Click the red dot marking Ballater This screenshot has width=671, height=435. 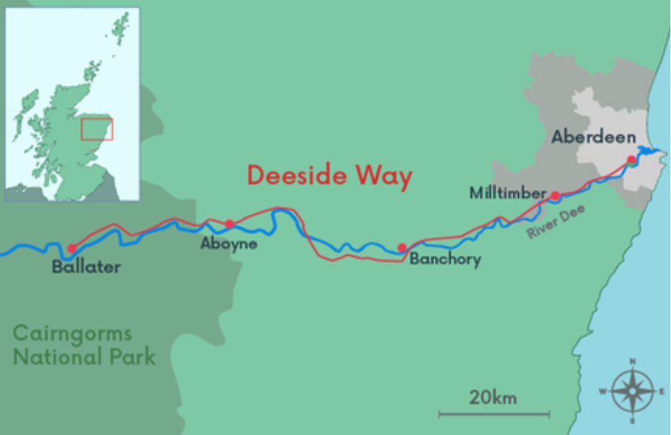point(72,249)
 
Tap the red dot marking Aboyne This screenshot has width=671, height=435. point(229,223)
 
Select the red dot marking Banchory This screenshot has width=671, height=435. point(402,248)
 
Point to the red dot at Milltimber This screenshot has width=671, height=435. point(554,195)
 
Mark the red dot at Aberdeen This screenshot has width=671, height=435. point(631,160)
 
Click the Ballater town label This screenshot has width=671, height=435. point(86,267)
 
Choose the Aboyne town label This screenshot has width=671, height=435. point(229,243)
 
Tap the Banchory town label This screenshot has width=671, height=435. point(445,259)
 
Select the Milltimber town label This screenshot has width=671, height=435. point(508,193)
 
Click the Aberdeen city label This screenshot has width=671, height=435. point(593,137)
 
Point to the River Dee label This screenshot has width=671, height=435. point(556,222)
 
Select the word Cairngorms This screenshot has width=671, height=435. point(72,333)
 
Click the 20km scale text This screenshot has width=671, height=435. point(493,397)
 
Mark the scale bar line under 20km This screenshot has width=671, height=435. point(494,413)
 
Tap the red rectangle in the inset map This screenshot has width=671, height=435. point(96,129)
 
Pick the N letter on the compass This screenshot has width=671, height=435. point(632,362)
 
